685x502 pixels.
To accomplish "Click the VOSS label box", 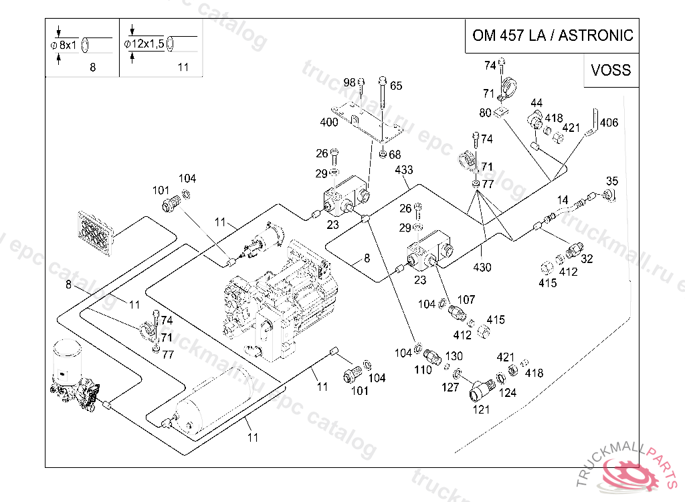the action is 611,70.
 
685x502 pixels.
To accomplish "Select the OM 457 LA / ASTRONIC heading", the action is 553,35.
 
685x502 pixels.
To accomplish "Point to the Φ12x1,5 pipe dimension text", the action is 144,44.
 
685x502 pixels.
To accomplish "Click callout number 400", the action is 329,122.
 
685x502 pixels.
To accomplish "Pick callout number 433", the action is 403,169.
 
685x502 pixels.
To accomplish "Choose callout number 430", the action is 482,267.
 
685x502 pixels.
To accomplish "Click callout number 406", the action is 609,122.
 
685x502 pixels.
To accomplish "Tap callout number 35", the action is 612,181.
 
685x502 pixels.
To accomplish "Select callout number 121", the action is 481,410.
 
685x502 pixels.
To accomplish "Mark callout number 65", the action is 396,86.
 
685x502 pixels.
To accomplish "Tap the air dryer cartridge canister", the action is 66,359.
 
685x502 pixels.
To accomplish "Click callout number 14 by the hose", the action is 562,200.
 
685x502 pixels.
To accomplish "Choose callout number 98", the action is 349,82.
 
